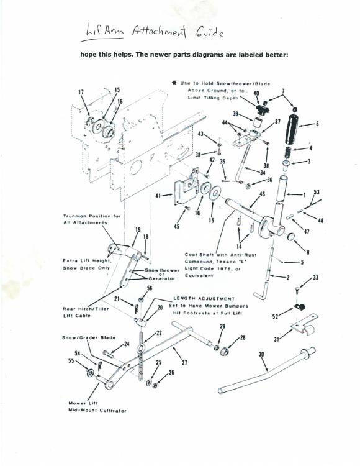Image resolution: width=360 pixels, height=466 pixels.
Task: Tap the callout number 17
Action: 81,93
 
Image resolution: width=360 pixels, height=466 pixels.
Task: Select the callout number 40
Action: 256,93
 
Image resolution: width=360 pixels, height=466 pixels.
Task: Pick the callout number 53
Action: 316,193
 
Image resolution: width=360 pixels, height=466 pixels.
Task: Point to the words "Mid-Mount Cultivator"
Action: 97,411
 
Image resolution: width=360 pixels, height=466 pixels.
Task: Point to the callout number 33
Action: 315,278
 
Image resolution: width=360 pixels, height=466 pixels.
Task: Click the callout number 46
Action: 261,194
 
